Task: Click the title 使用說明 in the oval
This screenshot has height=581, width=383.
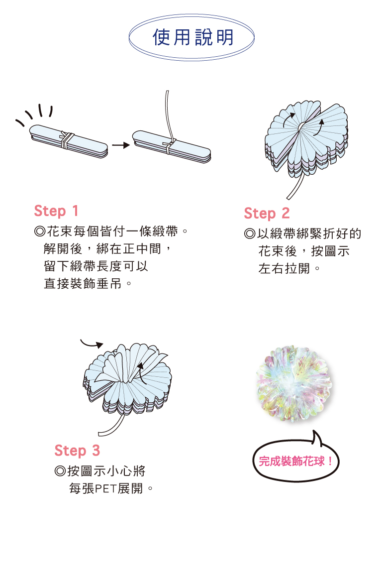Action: coord(193,37)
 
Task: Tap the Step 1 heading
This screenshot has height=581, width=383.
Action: coord(56,211)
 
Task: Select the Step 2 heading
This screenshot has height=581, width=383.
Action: coord(267,214)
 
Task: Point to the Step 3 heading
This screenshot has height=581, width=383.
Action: coord(77,451)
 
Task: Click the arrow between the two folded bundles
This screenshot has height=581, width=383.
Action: coord(121,145)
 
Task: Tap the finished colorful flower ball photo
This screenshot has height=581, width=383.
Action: coord(294,384)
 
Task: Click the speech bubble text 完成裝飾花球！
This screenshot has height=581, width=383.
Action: coord(295,462)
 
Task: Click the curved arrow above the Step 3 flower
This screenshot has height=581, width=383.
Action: coord(92,344)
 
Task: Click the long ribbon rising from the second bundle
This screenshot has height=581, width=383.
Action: coord(169,116)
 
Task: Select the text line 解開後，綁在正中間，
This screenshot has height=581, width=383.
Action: coord(107,248)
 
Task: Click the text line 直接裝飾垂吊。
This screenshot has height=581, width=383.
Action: coord(88,284)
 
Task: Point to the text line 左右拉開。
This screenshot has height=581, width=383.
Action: coord(288,269)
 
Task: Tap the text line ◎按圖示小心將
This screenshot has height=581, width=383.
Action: coord(100,471)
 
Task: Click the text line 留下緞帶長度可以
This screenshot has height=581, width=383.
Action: coord(96,266)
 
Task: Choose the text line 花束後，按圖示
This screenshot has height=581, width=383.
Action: coord(304,251)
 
